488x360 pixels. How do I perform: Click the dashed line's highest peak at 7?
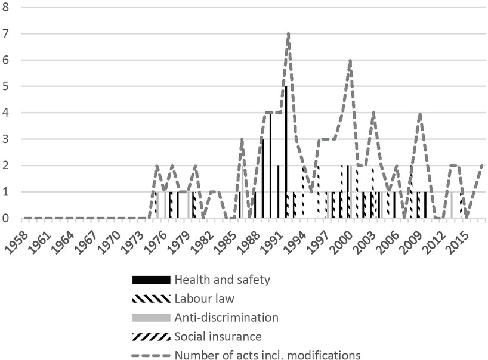pos(288,34)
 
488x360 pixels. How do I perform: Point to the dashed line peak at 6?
pos(350,60)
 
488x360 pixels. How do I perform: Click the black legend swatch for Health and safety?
pos(151,280)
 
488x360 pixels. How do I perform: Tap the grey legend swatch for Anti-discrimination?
pos(151,317)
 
